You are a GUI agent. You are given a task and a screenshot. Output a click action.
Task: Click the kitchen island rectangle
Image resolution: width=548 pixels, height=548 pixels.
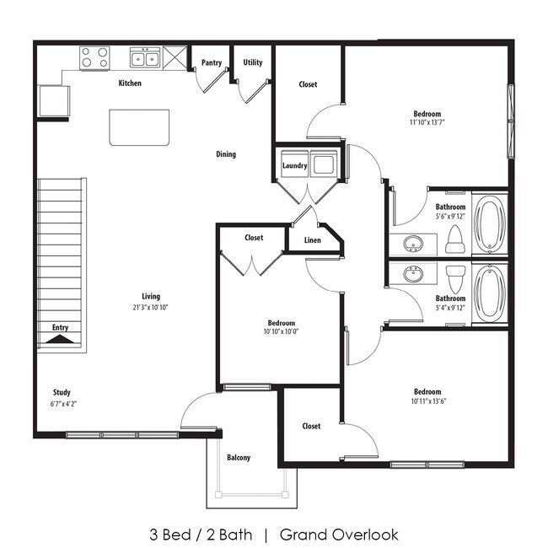click(x=139, y=127)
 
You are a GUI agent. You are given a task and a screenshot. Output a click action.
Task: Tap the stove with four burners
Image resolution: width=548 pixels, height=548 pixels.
click(x=94, y=57)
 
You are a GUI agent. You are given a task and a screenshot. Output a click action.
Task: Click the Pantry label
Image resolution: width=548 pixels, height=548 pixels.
click(x=211, y=62)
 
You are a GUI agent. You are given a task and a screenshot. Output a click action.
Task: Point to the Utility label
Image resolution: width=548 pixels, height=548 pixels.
click(x=252, y=62)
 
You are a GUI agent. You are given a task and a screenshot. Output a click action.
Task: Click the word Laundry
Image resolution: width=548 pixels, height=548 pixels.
click(x=294, y=166)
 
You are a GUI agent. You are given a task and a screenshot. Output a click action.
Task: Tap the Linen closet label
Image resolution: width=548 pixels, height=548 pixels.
click(x=312, y=240)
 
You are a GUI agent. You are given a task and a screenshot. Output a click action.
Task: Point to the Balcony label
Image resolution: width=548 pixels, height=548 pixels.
click(x=239, y=458)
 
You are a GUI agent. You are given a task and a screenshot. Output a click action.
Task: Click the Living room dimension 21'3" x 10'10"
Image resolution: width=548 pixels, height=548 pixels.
click(x=151, y=308)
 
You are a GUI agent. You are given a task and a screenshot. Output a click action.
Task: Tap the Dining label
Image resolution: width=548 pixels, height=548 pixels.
click(x=226, y=154)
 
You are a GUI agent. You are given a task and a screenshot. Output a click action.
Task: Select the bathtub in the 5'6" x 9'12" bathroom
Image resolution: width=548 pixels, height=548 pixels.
click(x=490, y=223)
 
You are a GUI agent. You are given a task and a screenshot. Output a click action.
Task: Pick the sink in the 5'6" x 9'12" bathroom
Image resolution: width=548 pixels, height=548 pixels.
click(x=412, y=245)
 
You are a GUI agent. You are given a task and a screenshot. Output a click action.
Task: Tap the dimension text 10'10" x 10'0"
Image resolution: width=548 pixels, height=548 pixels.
click(x=282, y=332)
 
